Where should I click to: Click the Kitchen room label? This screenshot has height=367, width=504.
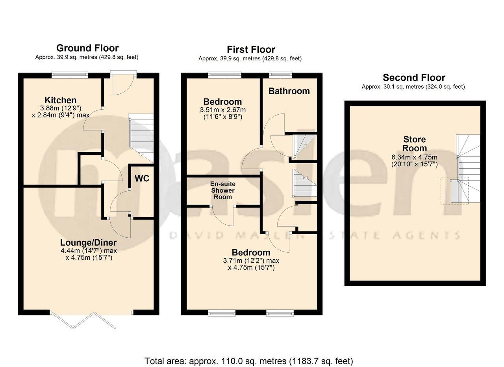click(x=60, y=100)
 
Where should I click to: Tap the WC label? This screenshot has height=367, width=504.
click(x=142, y=179)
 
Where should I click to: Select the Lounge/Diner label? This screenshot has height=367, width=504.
click(x=88, y=242)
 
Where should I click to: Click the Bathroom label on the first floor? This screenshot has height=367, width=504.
click(x=289, y=91)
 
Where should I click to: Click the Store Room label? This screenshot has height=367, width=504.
click(x=415, y=144)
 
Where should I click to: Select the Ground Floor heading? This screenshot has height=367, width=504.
click(x=87, y=48)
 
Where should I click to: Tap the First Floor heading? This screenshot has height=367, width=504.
click(x=251, y=49)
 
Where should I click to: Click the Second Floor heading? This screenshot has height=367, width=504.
click(x=414, y=77)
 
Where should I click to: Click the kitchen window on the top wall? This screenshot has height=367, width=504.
click(x=70, y=74)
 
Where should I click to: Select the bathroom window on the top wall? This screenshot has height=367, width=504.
click(x=281, y=74)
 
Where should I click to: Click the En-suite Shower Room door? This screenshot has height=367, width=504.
click(x=223, y=216)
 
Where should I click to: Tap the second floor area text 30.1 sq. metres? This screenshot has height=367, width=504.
click(x=413, y=87)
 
